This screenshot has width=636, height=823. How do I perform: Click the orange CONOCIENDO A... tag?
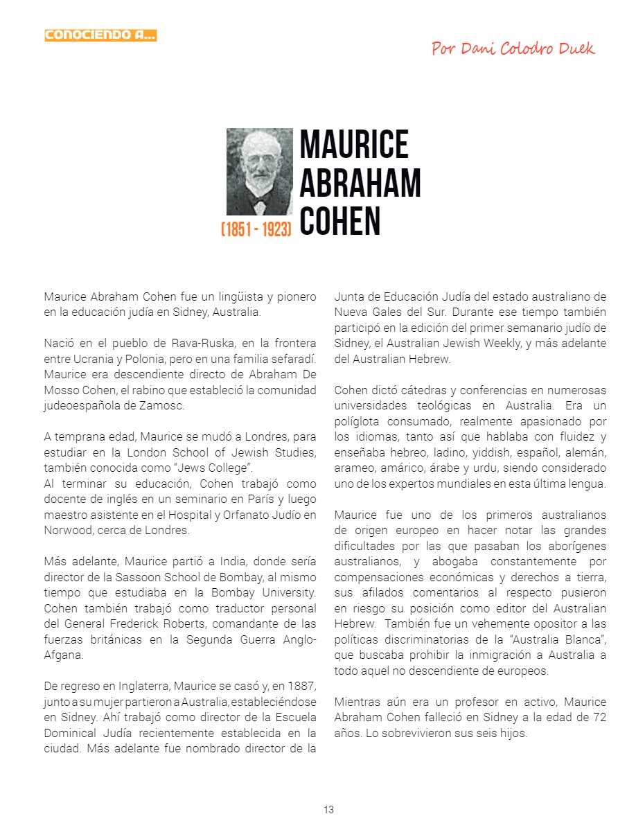tap(100, 35)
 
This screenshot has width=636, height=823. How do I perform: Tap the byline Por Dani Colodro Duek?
tap(513, 48)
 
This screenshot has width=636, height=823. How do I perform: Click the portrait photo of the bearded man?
tap(260, 171)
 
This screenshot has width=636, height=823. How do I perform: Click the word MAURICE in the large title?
tap(354, 143)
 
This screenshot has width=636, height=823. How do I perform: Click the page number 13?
tap(328, 810)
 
